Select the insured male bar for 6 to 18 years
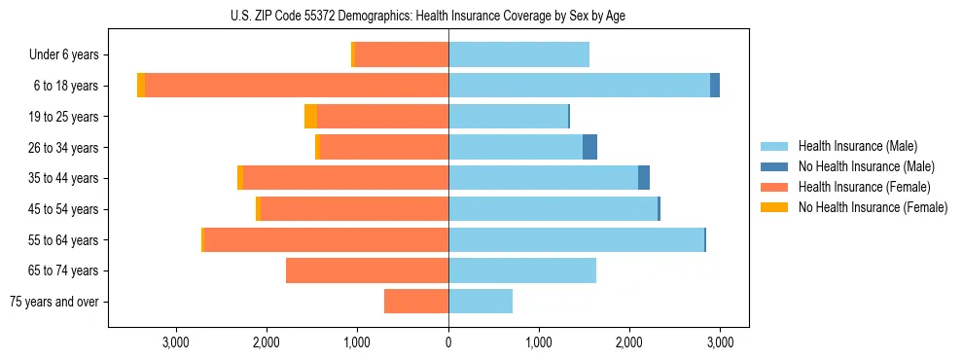(579, 86)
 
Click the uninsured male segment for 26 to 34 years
(589, 147)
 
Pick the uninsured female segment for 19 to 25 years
(310, 117)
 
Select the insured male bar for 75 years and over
(481, 302)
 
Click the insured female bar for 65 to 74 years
(367, 270)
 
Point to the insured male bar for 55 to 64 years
(576, 239)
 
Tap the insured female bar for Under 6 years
(402, 54)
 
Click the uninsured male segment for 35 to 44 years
(644, 178)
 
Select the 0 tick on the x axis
(448, 342)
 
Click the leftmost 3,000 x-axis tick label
(176, 342)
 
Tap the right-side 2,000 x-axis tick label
(629, 342)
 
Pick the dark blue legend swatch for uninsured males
(775, 166)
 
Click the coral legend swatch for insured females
(775, 187)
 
